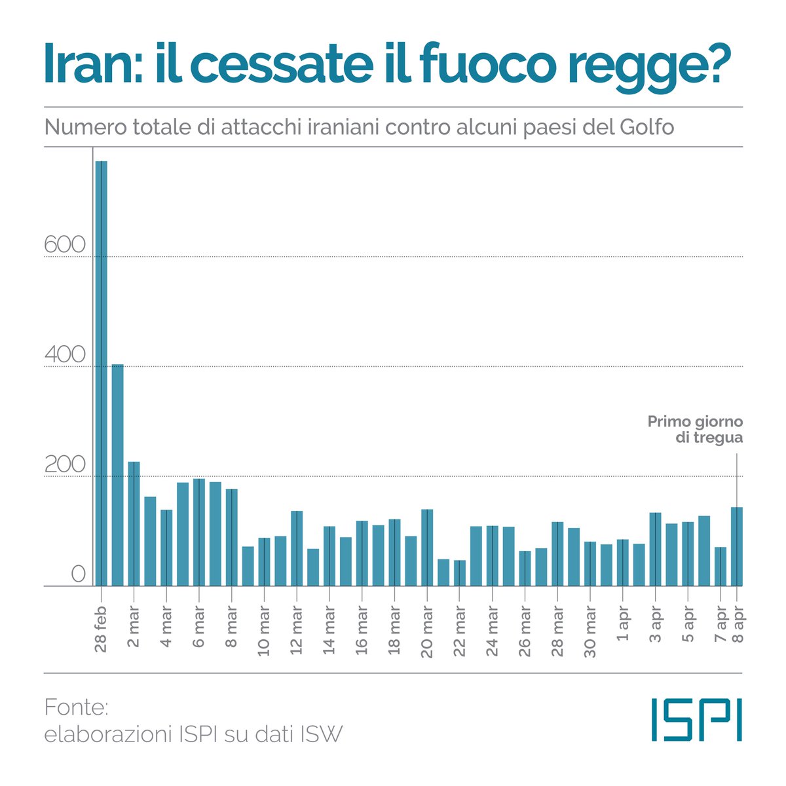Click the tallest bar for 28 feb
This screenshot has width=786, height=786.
102,373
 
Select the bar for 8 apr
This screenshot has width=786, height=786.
737,546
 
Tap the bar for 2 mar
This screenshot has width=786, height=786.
134,524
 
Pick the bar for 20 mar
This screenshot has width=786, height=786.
427,548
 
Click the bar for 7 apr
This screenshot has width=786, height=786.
720,567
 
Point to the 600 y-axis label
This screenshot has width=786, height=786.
65,245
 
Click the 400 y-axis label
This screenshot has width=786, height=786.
65,355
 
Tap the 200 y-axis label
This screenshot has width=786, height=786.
65,465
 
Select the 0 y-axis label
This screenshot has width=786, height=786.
78,574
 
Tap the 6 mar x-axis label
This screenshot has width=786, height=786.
199,626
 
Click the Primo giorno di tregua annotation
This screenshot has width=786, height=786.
695,430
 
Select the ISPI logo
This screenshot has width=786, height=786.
697,720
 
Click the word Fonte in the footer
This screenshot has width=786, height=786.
76,707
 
